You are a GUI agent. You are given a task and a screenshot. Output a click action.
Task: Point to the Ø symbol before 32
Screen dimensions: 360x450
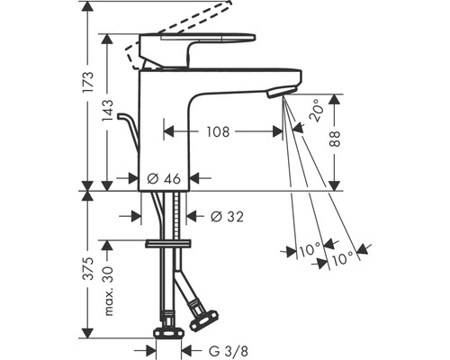[x=215, y=216]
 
